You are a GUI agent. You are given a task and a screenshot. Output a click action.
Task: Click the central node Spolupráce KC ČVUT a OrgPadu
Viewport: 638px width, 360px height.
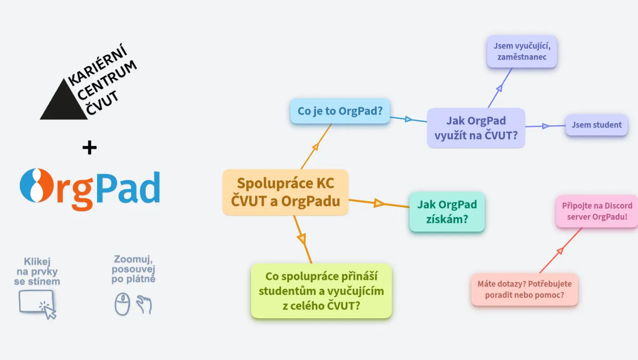click(x=285, y=192)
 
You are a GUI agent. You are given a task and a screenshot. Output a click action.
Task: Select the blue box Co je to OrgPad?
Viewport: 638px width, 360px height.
click(x=340, y=112)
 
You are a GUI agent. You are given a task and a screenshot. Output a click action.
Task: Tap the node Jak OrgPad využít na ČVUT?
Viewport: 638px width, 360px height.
click(x=476, y=128)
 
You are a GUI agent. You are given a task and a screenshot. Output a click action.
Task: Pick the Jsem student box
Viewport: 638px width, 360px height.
click(x=596, y=125)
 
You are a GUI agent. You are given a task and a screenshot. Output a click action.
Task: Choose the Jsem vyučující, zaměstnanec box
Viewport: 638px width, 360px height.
click(x=522, y=52)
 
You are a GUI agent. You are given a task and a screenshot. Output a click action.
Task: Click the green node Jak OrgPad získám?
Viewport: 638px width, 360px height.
click(x=447, y=212)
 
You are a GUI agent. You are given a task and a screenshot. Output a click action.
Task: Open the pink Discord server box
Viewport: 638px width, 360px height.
click(x=597, y=211)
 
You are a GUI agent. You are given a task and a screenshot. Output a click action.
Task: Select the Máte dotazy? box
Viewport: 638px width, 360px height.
click(x=524, y=290)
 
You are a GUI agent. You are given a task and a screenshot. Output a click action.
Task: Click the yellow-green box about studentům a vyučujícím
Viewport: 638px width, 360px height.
click(x=321, y=291)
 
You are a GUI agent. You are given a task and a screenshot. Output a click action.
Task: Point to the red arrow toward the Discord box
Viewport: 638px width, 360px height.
click(x=560, y=251)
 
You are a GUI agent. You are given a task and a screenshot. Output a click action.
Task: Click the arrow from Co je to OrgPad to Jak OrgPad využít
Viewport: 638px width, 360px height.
click(x=409, y=119)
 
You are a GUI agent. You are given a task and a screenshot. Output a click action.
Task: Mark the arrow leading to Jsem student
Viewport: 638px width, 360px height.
click(x=545, y=126)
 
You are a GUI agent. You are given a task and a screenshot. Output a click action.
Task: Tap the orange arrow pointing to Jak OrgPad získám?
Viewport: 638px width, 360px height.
click(x=379, y=203)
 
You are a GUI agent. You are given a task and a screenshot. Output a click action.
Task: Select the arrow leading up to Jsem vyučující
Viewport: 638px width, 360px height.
click(x=500, y=88)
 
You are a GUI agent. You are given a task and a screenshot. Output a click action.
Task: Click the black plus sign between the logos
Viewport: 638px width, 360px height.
click(x=89, y=148)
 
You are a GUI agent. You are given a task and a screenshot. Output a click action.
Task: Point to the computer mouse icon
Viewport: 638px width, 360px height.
click(x=122, y=305)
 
